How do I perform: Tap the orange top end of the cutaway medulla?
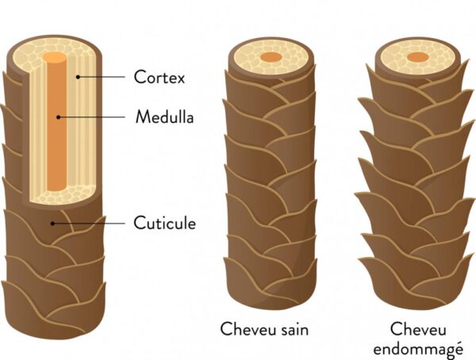[x=54, y=59]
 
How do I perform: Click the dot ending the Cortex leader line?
[x=77, y=78]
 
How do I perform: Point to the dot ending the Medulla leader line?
[x=57, y=117]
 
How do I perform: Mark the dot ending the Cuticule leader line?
[x=52, y=223]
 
